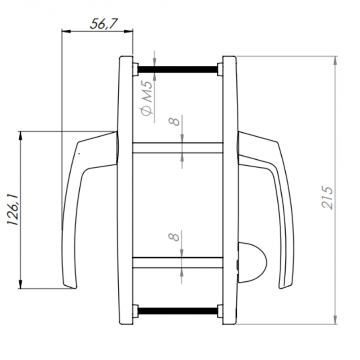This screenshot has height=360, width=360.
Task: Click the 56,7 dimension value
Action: coord(104,24)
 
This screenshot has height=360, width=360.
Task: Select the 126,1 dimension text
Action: coord(13,210)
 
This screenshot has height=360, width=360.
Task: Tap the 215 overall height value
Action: coord(327,198)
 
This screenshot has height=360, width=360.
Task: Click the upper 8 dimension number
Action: coord(174,121)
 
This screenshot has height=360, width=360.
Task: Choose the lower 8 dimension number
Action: coord(174,237)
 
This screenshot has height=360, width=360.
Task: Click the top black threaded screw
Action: coord(177,69)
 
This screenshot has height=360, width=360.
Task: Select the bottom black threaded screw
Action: coord(177,311)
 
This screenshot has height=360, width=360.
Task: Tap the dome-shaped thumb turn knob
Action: coord(252,262)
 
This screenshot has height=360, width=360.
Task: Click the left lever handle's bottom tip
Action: coord(75,288)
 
